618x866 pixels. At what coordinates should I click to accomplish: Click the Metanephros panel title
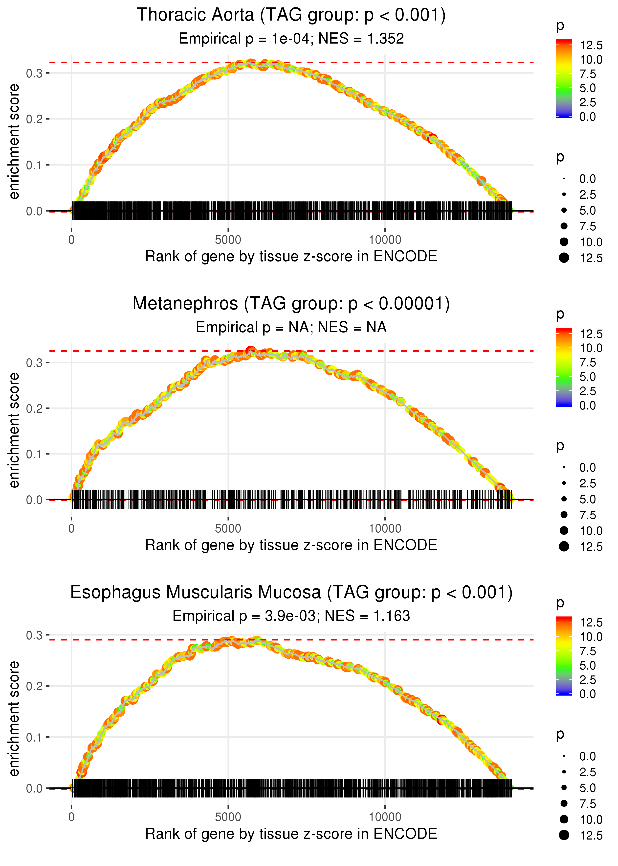point(291,304)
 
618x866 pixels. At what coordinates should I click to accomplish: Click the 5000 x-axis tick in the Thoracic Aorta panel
point(228,240)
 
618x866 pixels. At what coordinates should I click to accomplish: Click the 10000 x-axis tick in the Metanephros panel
point(385,529)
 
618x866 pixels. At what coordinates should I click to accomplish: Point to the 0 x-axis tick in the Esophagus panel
point(71,817)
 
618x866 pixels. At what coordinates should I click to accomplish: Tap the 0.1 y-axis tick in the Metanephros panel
point(34,454)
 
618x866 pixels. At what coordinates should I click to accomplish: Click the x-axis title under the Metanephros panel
point(291,545)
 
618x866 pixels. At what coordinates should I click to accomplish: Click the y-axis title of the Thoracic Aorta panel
point(14,142)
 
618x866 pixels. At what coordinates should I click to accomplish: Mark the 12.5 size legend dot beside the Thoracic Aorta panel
point(564,258)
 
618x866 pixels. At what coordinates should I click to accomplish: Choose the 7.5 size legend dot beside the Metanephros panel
point(564,515)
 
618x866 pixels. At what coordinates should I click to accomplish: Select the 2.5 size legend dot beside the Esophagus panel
point(564,772)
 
